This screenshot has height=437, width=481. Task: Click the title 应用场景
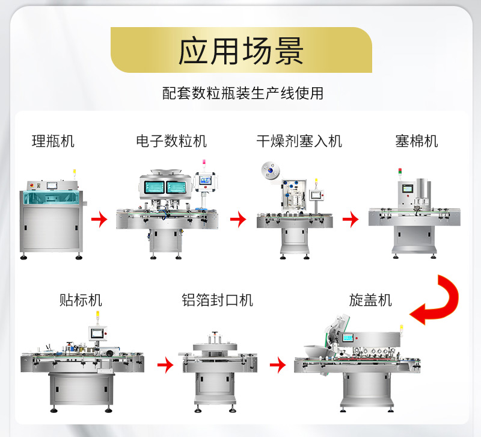click(x=240, y=51)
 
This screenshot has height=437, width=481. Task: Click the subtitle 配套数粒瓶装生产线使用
click(x=243, y=93)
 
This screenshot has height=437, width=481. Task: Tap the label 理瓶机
click(x=53, y=141)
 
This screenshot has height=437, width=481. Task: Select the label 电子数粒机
click(x=171, y=141)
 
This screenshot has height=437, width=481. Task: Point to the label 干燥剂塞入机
click(x=299, y=141)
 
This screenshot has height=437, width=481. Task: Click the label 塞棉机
click(x=416, y=141)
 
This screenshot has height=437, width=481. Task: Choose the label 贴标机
click(x=81, y=300)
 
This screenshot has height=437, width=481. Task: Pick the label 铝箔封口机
click(x=217, y=300)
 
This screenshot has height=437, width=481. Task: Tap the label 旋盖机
click(x=370, y=300)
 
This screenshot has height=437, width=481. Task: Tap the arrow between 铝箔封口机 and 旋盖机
click(x=277, y=364)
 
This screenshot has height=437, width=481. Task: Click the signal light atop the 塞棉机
click(x=399, y=174)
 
